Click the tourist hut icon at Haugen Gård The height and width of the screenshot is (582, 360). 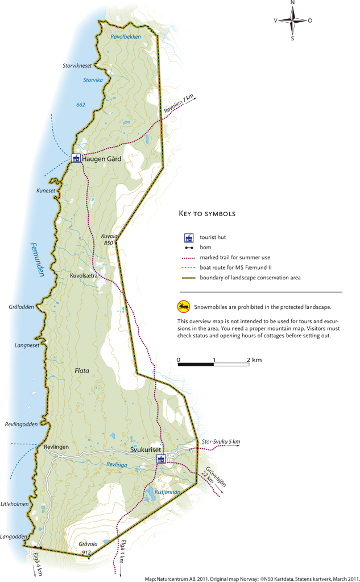[x=76, y=158]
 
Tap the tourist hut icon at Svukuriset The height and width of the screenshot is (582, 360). [x=162, y=459]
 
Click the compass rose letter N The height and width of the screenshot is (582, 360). [x=292, y=3]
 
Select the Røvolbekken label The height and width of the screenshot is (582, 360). [x=125, y=36]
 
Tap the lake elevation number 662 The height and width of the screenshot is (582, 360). [x=80, y=105]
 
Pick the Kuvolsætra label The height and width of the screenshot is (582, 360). [x=83, y=276]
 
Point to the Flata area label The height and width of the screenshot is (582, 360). [x=82, y=370]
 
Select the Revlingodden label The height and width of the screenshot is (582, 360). [x=21, y=424]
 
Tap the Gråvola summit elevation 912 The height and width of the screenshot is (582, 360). [x=86, y=552]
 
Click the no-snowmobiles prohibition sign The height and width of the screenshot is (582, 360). [x=183, y=307]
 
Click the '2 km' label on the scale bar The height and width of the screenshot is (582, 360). [x=254, y=360]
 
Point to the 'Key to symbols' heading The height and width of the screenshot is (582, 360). [x=207, y=214]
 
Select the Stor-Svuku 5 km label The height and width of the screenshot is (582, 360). [x=221, y=442]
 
